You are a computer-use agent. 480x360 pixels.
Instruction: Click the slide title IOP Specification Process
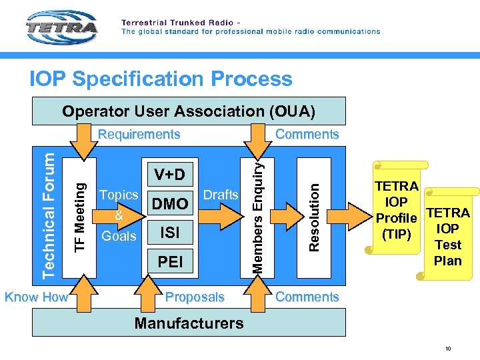[x=161, y=79]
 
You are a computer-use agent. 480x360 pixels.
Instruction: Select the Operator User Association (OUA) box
[x=189, y=111]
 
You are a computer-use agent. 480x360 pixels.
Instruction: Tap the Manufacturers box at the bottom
[x=189, y=323]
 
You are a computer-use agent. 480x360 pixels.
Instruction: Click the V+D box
[x=170, y=175]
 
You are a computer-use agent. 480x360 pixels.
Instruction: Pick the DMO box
[x=170, y=203]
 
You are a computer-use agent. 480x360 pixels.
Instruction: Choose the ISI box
[x=170, y=232]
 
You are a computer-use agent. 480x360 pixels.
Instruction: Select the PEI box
[x=170, y=261]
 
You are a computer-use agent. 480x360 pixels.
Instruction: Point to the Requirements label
[x=139, y=134]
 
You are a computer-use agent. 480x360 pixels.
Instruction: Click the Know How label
[x=37, y=297]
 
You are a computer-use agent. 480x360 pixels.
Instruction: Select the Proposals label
[x=195, y=297]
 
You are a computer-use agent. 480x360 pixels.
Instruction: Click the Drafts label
[x=220, y=195]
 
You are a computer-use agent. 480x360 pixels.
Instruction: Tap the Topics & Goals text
[x=118, y=215]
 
